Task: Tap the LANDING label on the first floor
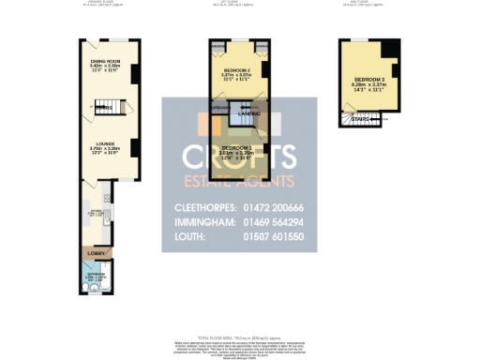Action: click(262, 113)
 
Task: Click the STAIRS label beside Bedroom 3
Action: click(360, 119)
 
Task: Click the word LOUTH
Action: click(189, 238)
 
